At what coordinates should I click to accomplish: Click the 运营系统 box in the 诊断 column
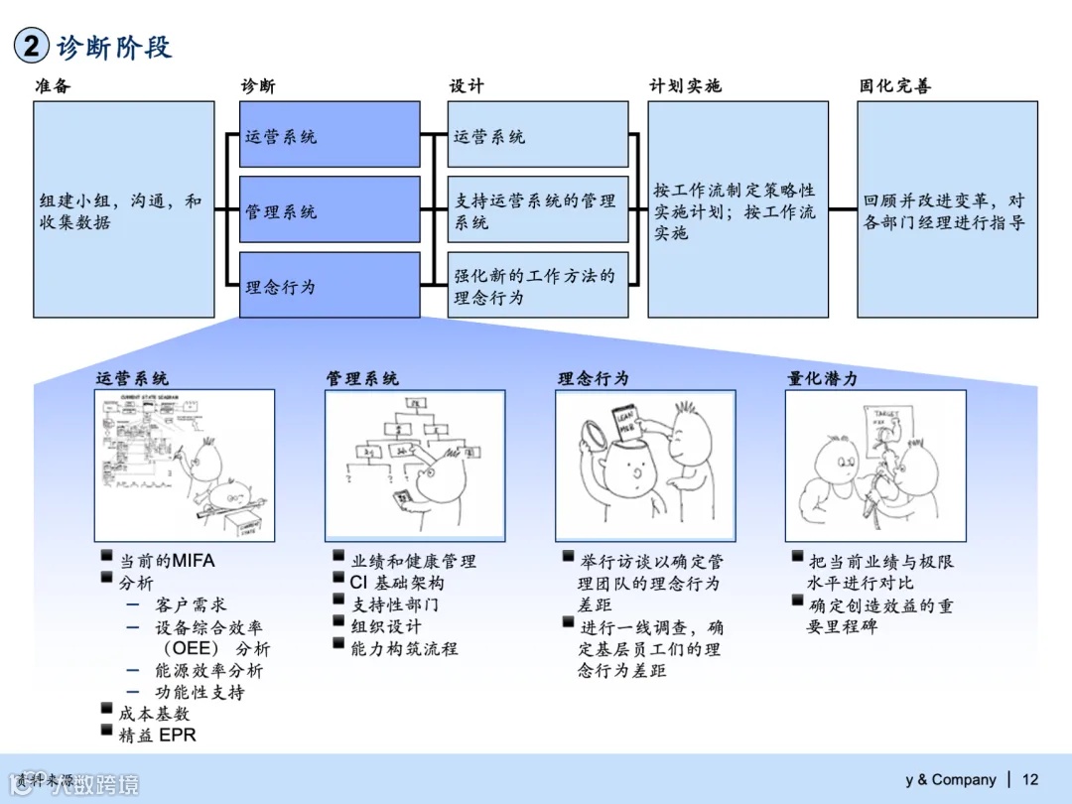click(330, 135)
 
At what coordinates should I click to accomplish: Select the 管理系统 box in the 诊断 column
click(330, 210)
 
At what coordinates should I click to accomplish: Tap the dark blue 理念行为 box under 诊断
click(330, 286)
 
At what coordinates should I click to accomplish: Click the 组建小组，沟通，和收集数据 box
click(124, 209)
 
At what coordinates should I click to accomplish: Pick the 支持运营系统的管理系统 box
click(537, 210)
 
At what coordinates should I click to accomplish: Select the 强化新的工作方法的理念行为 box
click(537, 286)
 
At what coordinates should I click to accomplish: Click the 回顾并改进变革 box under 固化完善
click(947, 209)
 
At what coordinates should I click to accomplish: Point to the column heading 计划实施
click(685, 86)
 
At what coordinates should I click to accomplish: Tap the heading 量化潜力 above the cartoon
click(822, 378)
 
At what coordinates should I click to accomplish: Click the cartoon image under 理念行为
click(645, 465)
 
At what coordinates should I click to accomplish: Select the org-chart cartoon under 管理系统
click(415, 465)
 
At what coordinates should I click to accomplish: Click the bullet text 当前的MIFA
click(166, 561)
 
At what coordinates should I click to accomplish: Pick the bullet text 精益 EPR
click(157, 736)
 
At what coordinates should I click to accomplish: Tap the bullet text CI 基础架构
click(397, 583)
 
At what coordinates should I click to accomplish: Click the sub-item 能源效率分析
click(209, 670)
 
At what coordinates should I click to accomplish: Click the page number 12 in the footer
click(1030, 779)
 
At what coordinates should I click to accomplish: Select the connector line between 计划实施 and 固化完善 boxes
click(843, 209)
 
